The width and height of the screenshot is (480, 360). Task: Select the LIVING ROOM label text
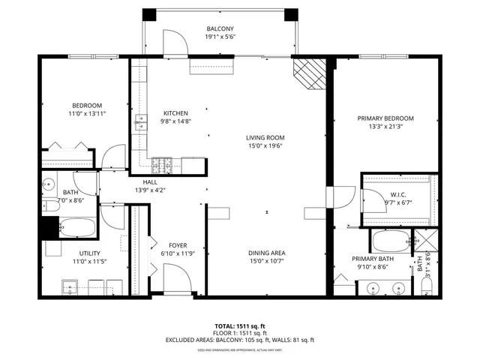click(265, 137)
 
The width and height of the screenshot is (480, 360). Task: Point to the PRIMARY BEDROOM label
click(385, 118)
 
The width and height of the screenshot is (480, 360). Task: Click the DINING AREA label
click(265, 253)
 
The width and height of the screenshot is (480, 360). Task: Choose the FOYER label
click(177, 244)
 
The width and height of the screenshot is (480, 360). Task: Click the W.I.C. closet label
click(397, 193)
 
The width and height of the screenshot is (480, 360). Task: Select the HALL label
click(151, 181)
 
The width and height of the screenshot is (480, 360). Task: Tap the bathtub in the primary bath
click(391, 241)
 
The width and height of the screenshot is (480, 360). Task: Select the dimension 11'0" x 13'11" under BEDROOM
click(87, 113)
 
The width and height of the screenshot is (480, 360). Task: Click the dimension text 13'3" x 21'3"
click(385, 127)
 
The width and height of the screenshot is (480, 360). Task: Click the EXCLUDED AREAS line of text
click(240, 340)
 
